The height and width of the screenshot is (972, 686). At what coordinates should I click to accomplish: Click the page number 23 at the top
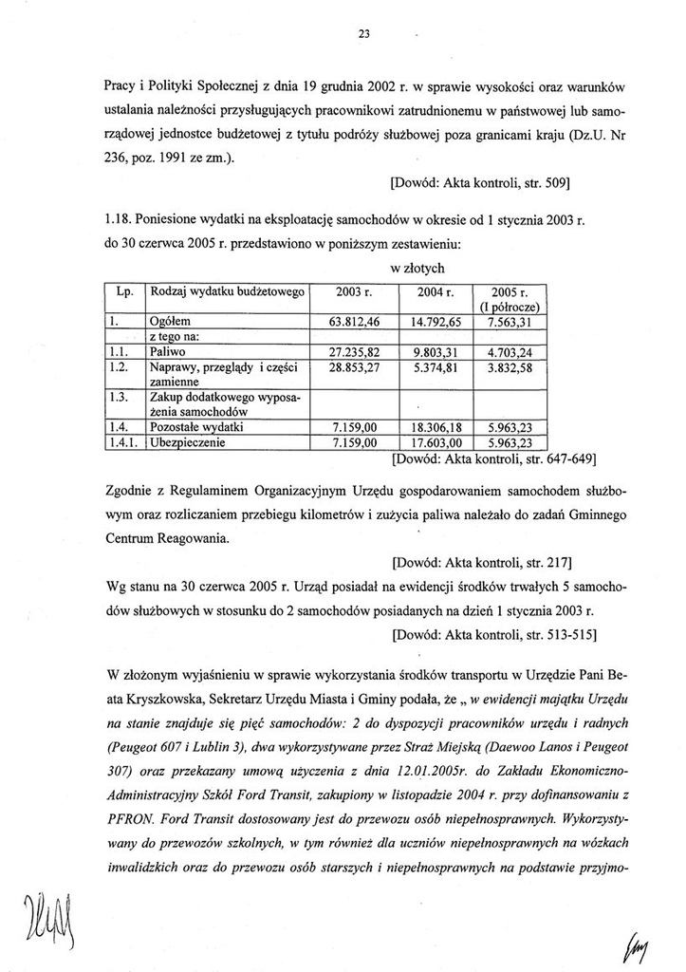[x=363, y=34]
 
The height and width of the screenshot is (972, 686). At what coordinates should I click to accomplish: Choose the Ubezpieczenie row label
[x=190, y=441]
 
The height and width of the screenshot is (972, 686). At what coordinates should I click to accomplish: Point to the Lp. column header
[x=123, y=291]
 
